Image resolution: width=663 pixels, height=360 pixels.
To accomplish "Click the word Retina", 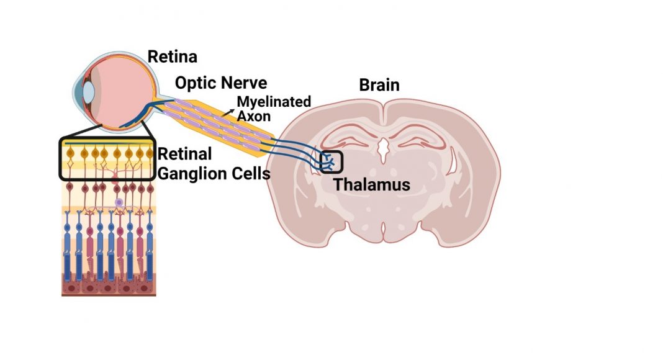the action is pyautogui.click(x=172, y=56).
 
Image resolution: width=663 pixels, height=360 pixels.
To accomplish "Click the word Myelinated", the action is pyautogui.click(x=274, y=101).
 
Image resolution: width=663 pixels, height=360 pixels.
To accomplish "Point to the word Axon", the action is pyautogui.click(x=253, y=116).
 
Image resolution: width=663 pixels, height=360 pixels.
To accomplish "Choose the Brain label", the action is pyautogui.click(x=379, y=85).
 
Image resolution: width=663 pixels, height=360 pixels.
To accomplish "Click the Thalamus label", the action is pyautogui.click(x=372, y=184).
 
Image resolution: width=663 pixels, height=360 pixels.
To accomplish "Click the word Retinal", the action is pyautogui.click(x=184, y=154).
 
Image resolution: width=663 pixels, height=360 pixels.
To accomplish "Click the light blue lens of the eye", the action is pyautogui.click(x=88, y=92).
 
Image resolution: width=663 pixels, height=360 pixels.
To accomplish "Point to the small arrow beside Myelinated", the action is pyautogui.click(x=228, y=112).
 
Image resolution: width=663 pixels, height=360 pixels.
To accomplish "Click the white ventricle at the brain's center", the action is pyautogui.click(x=383, y=150).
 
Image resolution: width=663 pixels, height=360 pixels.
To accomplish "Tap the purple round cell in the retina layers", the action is pyautogui.click(x=119, y=203).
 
